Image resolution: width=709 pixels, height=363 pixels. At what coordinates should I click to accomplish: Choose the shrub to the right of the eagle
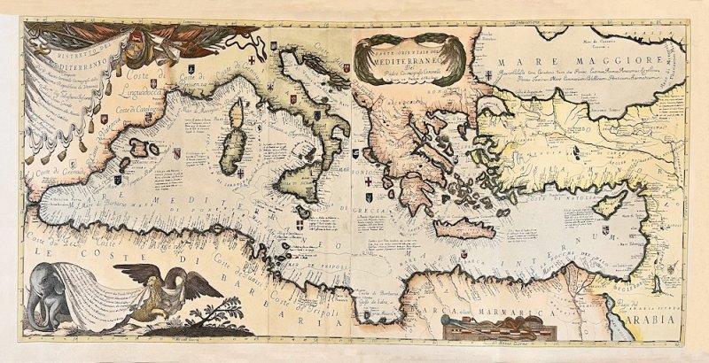(x=222, y=313)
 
